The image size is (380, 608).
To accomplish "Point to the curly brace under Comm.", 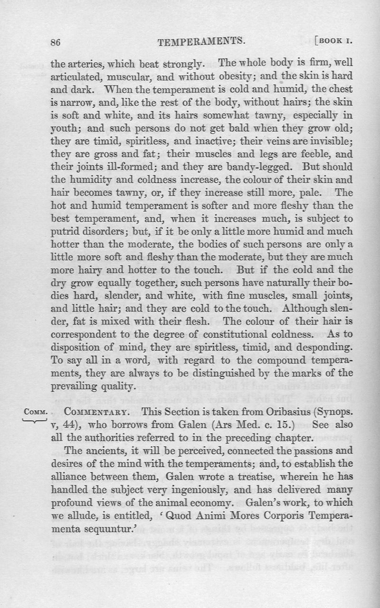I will pos(34,419).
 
